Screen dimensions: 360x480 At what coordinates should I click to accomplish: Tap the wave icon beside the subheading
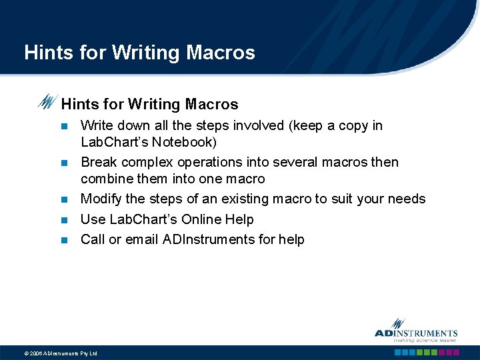pyautogui.click(x=47, y=102)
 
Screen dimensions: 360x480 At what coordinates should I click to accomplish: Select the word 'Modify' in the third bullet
pyautogui.click(x=101, y=199)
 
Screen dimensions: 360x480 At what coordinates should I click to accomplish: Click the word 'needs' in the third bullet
pyautogui.click(x=406, y=199)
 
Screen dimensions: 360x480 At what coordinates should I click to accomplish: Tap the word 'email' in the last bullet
pyautogui.click(x=141, y=239)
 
